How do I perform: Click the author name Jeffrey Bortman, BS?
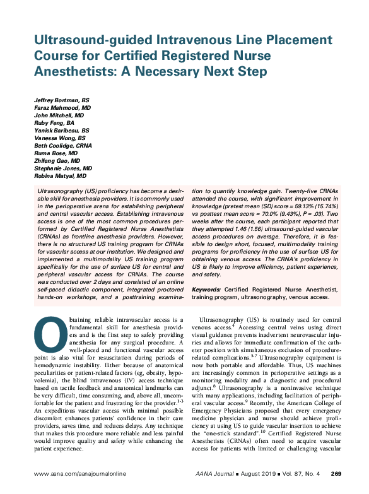point(61,101)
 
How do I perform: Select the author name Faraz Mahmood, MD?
point(62,109)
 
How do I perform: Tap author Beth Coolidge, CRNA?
point(62,146)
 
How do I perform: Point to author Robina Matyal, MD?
point(61,176)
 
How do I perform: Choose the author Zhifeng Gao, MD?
point(58,161)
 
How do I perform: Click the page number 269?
point(336,473)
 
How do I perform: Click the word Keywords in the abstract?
point(208,289)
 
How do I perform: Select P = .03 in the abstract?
point(304,214)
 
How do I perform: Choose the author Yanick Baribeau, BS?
point(61,131)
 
